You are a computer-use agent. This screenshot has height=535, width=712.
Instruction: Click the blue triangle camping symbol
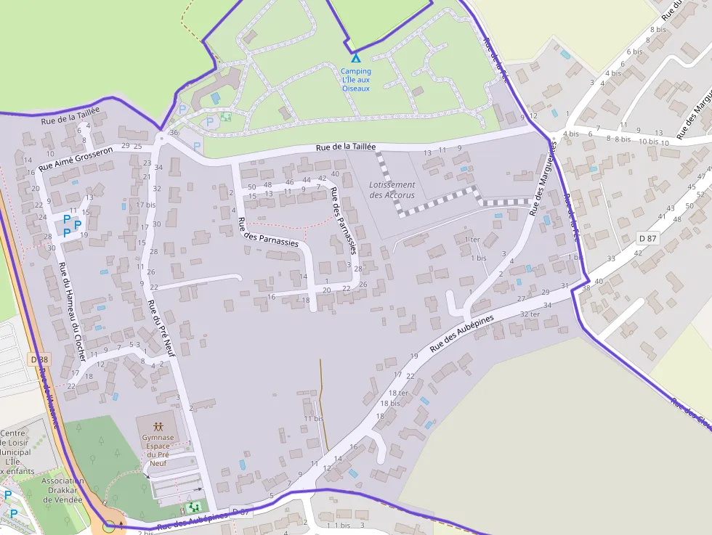tap(355, 58)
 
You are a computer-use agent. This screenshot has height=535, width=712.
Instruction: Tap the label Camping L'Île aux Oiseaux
tap(356, 80)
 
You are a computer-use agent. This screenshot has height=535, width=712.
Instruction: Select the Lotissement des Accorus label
tap(392, 190)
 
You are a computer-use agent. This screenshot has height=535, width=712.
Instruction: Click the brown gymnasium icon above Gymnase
tap(159, 425)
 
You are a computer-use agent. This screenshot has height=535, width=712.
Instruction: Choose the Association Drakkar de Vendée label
tap(62, 492)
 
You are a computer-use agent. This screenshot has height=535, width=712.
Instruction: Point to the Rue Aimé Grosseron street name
tap(76, 159)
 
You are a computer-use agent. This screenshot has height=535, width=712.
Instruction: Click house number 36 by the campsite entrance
tap(174, 133)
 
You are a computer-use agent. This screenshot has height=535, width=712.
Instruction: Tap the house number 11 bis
tap(313, 419)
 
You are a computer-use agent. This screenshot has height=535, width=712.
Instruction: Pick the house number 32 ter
tap(530, 314)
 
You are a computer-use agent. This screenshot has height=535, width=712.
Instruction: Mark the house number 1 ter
tap(472, 240)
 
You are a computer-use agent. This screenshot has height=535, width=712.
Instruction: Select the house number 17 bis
tap(146, 205)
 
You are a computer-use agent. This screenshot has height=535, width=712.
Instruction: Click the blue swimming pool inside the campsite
tap(214, 97)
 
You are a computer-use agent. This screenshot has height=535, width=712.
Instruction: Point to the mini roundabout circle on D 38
tap(109, 526)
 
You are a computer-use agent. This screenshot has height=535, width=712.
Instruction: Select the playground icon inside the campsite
tap(226, 116)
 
